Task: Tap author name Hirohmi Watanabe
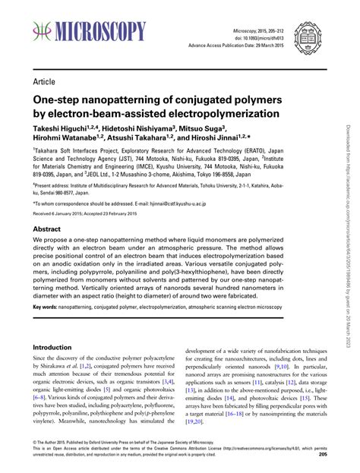65,143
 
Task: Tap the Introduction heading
52,347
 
